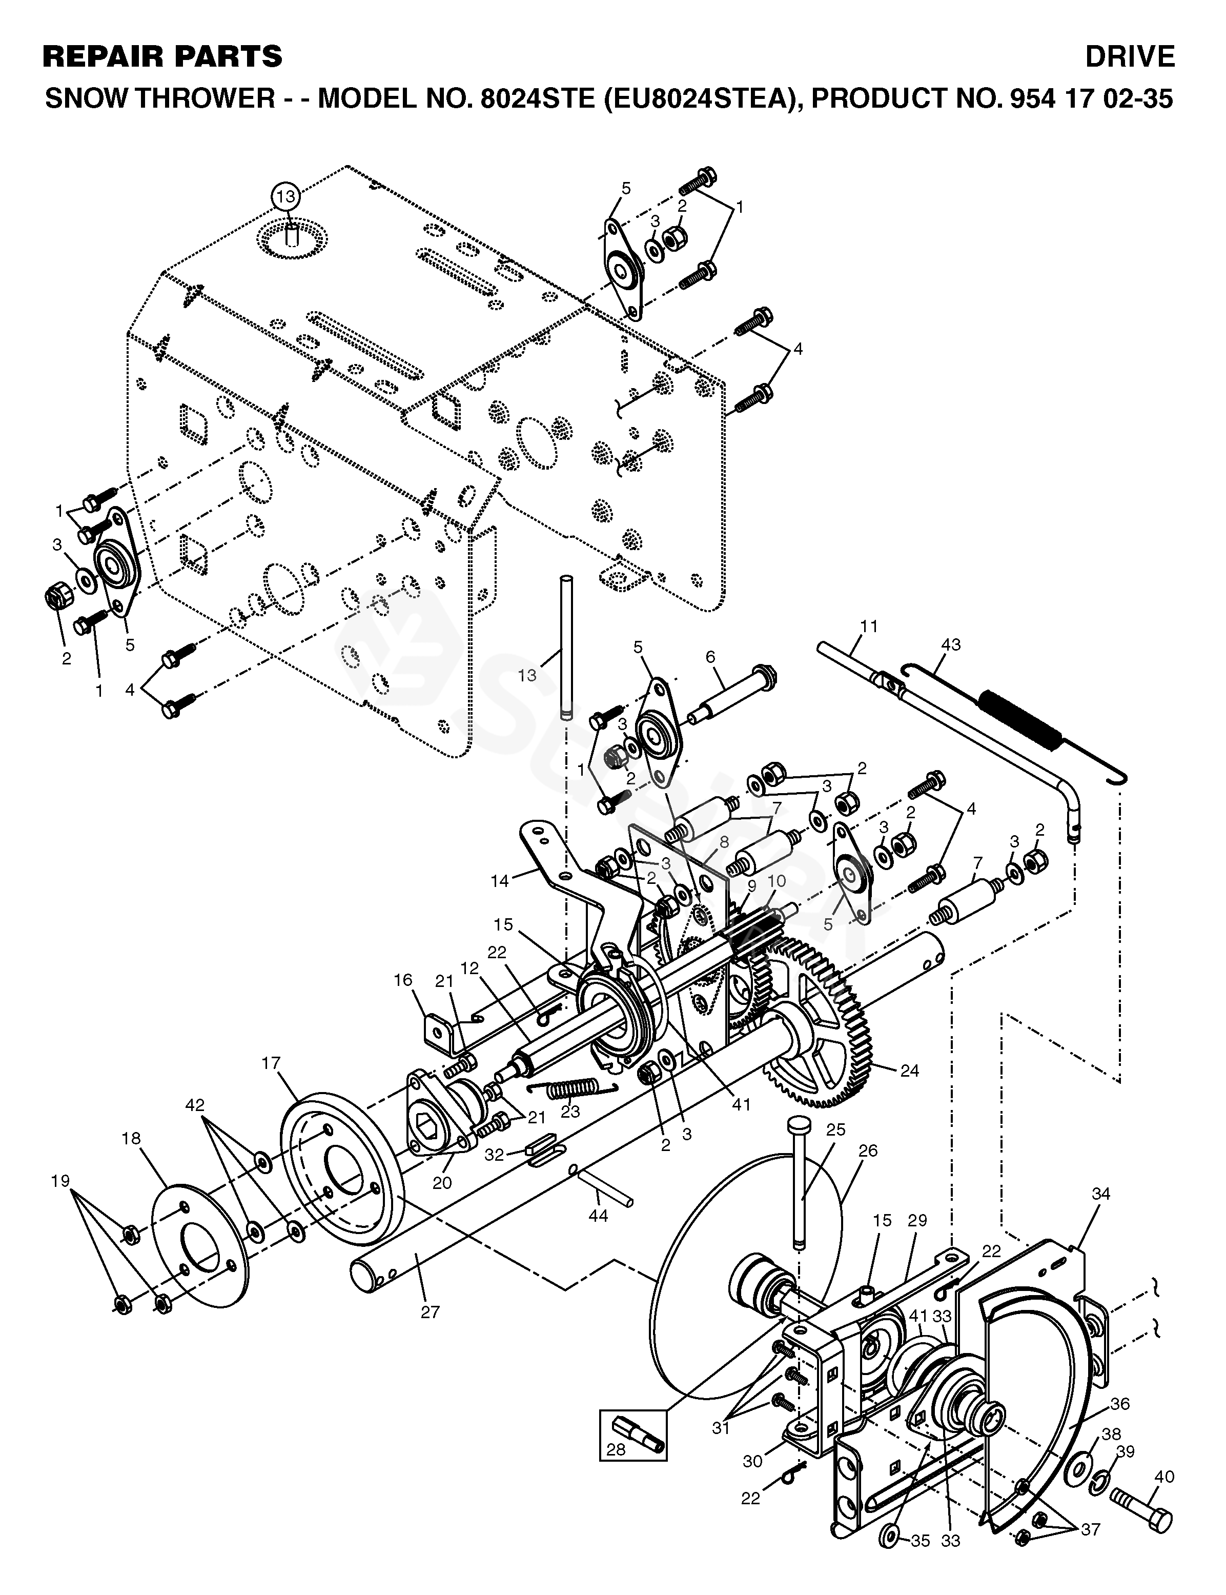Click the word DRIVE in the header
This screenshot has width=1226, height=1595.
tap(1129, 56)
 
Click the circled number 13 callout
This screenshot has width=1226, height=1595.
tap(286, 196)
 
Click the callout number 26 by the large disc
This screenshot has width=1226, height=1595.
tap(868, 1151)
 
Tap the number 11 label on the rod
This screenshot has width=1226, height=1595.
tap(869, 627)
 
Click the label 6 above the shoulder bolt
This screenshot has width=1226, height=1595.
tap(710, 656)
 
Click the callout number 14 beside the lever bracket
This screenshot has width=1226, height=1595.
tap(499, 881)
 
